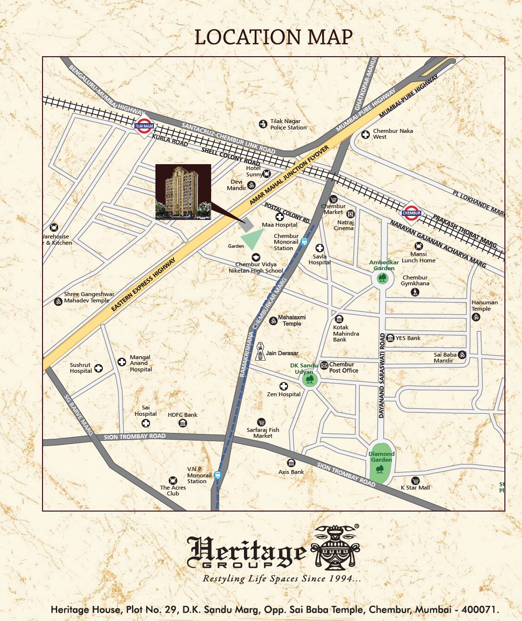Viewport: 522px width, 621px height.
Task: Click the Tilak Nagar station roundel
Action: [144, 126]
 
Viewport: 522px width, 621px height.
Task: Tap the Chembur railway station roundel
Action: [412, 213]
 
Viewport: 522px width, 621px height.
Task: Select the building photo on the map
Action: [183, 192]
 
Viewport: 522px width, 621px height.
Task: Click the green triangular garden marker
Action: [251, 239]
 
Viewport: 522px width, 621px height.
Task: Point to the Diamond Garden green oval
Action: [380, 463]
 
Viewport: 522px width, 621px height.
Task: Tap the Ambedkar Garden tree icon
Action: [382, 278]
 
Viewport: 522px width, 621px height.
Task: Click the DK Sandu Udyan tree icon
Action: [310, 380]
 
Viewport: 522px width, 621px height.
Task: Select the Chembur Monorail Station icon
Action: [304, 241]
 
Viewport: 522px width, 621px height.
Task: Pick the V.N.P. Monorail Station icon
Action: [217, 474]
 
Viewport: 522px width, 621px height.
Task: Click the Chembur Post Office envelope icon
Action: [324, 365]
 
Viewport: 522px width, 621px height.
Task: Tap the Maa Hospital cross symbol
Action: [280, 217]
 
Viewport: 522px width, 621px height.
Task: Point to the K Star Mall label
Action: [415, 488]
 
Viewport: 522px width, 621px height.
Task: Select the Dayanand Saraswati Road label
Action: [382, 375]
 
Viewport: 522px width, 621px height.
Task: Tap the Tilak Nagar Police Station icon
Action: [263, 125]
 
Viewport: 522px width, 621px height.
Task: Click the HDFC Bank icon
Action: [183, 423]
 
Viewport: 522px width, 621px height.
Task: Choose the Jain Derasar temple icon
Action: [260, 351]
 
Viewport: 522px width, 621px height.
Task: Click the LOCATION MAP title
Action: [273, 38]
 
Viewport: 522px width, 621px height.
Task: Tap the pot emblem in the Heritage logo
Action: [335, 547]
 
